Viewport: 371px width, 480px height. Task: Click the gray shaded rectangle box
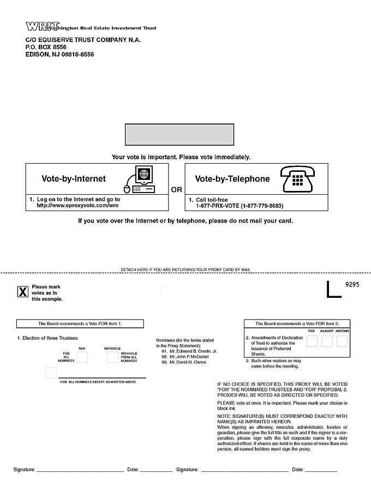tap(179, 136)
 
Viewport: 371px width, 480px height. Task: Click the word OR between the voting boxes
tap(177, 190)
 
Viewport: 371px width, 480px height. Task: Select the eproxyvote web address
tap(78, 206)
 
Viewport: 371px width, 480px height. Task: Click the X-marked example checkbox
tap(23, 292)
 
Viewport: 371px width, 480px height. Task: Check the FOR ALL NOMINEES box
tap(82, 357)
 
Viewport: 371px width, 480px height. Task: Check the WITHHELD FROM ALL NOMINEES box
tap(112, 357)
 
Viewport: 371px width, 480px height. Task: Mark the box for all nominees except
tap(51, 373)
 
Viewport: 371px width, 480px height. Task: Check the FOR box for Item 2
tap(312, 341)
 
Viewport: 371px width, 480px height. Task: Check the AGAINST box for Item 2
tap(327, 341)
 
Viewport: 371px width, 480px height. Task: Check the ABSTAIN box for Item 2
tap(342, 341)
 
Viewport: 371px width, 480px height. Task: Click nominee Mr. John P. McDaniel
tap(188, 357)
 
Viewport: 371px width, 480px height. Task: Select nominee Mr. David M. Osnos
tap(187, 362)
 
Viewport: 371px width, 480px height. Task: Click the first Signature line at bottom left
tap(80, 470)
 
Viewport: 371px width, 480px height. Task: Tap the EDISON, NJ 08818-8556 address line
tap(60, 55)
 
